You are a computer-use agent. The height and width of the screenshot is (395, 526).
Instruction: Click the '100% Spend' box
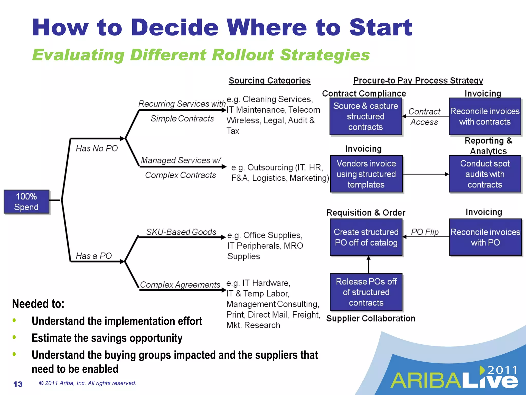coord(26,202)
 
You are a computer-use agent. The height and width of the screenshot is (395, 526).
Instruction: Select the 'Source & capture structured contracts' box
coord(365,116)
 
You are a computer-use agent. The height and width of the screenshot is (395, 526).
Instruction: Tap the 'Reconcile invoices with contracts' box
coord(485,116)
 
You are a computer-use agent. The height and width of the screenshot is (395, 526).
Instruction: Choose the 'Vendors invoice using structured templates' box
coord(366,174)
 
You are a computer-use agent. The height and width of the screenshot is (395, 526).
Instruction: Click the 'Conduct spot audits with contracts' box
coord(485,174)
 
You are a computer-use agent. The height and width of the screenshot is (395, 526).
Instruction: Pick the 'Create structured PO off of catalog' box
coord(366,237)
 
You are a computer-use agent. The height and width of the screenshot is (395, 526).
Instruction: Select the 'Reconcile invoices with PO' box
coord(485,237)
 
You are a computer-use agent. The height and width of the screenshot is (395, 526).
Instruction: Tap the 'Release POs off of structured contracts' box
coord(366,292)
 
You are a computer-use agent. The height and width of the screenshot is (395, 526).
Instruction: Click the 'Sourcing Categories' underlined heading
coord(269,81)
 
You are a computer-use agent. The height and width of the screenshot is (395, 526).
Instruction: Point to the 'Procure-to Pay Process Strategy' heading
coord(418,81)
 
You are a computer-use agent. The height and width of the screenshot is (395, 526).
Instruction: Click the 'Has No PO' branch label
coord(97,148)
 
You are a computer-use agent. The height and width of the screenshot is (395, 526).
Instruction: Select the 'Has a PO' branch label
coord(94,256)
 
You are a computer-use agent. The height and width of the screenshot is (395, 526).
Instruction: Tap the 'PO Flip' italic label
coord(425,232)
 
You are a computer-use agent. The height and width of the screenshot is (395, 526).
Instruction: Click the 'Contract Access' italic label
coord(424,117)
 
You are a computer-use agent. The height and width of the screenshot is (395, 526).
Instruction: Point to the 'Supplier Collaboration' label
coord(371,318)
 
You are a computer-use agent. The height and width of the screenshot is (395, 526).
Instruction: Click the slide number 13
coord(18,384)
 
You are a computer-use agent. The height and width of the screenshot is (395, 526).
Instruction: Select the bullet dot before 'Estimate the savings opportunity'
coord(14,337)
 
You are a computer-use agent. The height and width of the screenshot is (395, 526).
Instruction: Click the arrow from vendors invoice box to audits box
coord(425,174)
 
